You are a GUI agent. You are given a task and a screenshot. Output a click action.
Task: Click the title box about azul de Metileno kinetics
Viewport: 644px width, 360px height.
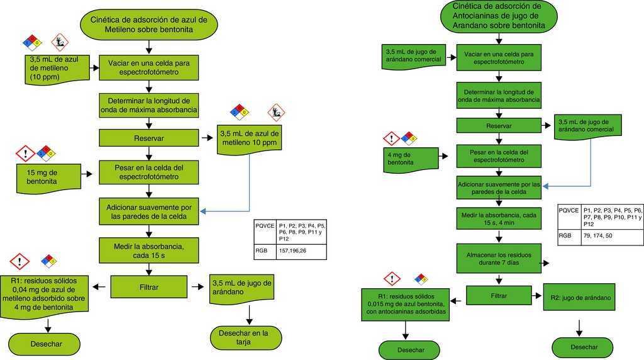(x=148, y=24)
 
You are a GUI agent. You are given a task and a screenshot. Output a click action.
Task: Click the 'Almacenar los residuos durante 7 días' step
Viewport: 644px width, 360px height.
(x=498, y=256)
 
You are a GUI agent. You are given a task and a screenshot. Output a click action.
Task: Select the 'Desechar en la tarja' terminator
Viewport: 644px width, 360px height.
(x=246, y=337)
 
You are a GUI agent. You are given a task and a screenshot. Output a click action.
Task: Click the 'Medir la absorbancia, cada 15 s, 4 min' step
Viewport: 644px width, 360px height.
(x=498, y=219)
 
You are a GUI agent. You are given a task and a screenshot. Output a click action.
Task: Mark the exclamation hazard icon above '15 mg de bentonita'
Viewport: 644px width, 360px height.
(x=26, y=152)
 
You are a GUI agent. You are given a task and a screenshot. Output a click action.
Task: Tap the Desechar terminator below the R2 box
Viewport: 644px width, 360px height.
(x=584, y=347)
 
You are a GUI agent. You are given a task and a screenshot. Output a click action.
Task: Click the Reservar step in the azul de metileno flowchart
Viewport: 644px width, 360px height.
(x=148, y=138)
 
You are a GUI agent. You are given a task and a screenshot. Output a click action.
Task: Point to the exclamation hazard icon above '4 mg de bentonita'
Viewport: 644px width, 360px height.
(x=392, y=138)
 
